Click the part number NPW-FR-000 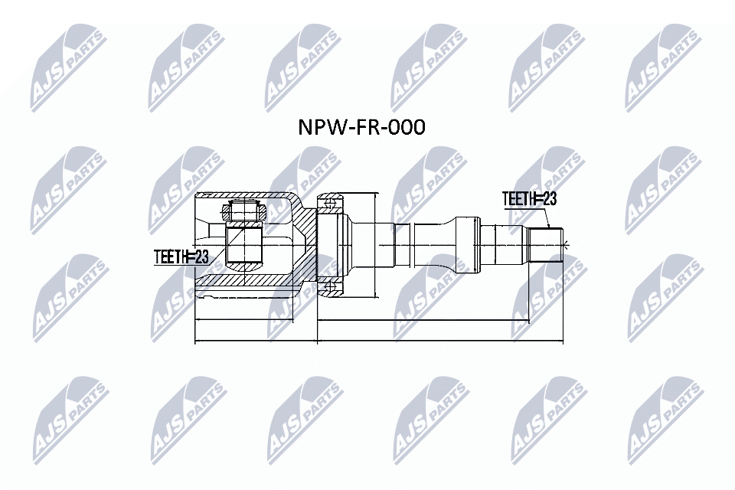pyautogui.click(x=361, y=127)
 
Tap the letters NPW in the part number pyautogui.click(x=316, y=127)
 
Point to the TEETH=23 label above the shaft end pyautogui.click(x=528, y=199)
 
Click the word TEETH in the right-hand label pyautogui.click(x=518, y=199)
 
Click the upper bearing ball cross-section pyautogui.click(x=331, y=204)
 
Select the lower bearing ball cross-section pyautogui.click(x=331, y=288)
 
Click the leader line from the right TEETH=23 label pyautogui.click(x=546, y=219)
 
